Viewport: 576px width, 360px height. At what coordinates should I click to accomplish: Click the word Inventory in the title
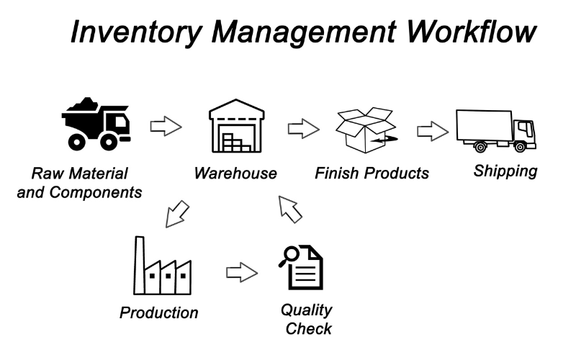[x=136, y=32]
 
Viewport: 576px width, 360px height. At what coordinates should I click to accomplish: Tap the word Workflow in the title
[x=472, y=31]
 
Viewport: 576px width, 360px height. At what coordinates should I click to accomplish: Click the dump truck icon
[x=96, y=124]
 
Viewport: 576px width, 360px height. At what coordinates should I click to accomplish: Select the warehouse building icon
[x=237, y=125]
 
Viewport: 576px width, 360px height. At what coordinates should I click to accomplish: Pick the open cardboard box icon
[x=366, y=130]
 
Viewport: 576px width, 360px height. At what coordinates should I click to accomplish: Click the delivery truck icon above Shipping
[x=495, y=131]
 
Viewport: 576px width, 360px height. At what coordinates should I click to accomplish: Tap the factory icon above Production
[x=163, y=266]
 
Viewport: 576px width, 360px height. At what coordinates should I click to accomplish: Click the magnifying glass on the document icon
[x=289, y=256]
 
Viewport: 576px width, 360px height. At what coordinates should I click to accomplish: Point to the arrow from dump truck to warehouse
[x=166, y=127]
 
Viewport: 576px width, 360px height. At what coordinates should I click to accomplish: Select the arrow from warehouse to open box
[x=303, y=129]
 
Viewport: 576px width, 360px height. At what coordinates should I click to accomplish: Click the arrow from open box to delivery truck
[x=433, y=131]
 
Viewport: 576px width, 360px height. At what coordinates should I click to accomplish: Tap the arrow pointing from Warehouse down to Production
[x=176, y=214]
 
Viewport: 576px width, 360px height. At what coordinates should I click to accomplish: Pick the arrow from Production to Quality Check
[x=242, y=273]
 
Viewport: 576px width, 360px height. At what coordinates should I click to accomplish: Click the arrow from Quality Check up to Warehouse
[x=290, y=210]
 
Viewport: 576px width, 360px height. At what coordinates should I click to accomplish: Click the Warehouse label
[x=235, y=174]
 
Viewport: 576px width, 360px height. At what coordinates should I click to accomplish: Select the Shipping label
[x=505, y=171]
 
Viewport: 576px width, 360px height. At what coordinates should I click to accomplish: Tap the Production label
[x=159, y=313]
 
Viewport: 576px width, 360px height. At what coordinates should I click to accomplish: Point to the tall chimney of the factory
[x=139, y=265]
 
